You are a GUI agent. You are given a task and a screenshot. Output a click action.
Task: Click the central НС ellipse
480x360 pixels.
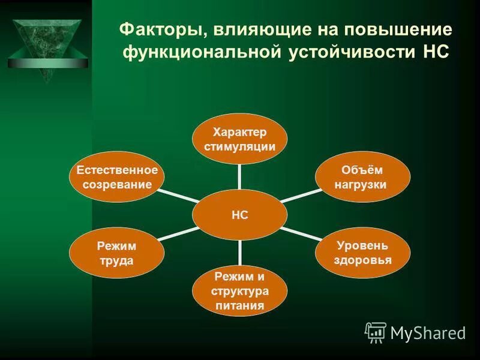239,214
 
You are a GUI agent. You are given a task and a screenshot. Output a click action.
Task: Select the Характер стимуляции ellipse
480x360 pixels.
239,139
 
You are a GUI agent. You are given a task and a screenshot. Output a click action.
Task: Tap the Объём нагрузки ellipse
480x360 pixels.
363,177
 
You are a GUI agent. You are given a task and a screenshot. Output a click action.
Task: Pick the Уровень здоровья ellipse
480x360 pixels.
363,252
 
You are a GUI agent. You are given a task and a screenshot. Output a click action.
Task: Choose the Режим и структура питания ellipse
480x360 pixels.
239,291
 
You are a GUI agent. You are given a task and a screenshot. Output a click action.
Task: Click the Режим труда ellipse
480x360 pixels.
118,252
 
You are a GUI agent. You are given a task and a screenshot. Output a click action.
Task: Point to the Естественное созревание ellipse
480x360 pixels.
118,177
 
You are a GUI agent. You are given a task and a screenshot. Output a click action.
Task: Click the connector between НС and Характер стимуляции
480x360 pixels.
239,177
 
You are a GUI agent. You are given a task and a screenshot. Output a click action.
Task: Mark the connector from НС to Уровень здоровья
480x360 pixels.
300,233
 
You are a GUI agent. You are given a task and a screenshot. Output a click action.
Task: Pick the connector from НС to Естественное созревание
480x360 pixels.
180,196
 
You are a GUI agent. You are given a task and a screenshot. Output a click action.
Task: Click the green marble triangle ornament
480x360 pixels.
47,48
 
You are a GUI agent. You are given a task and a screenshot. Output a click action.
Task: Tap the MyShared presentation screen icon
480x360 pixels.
376,332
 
